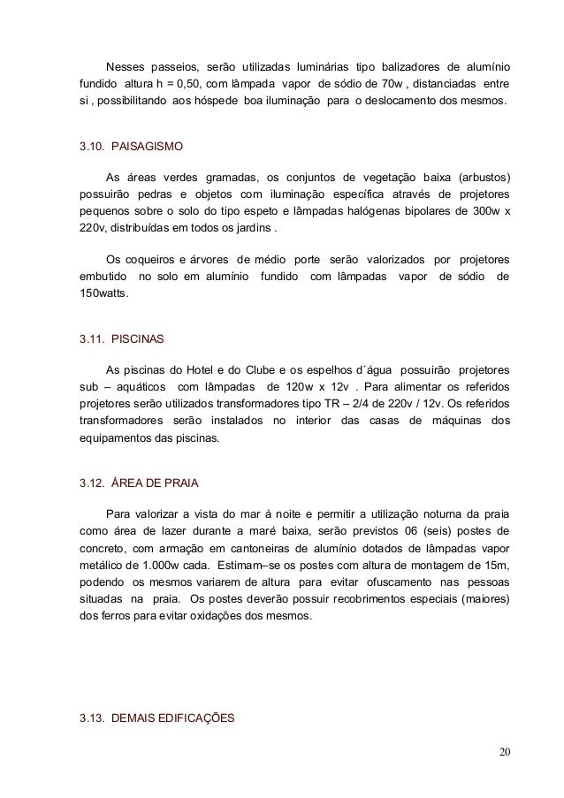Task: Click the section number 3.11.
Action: tap(92, 338)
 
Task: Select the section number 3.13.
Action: tap(92, 718)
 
